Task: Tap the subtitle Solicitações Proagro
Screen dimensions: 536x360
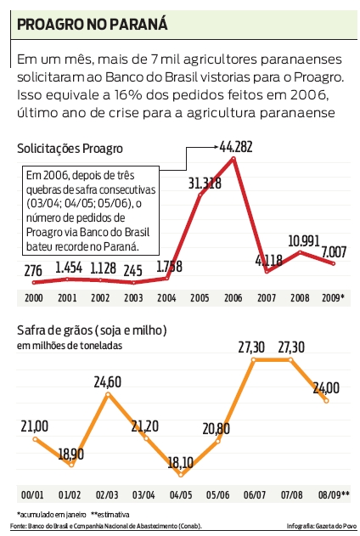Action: (70, 149)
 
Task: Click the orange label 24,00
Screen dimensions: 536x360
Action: (326, 387)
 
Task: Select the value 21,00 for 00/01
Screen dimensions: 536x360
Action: (33, 426)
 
